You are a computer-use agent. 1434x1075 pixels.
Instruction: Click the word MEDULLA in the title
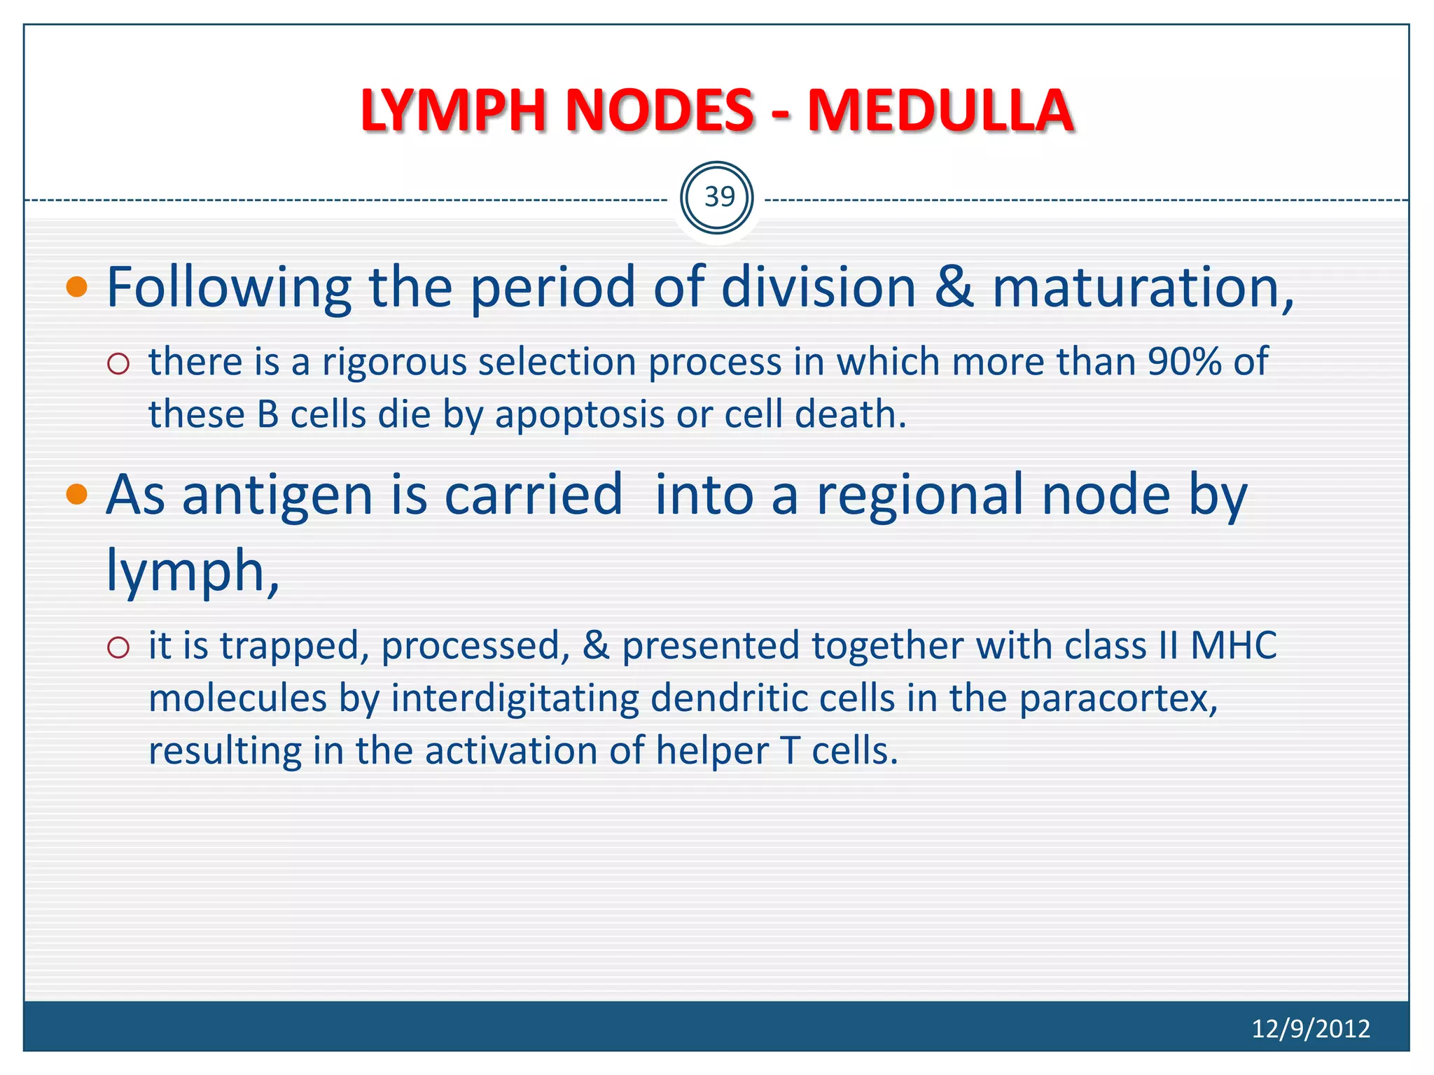click(x=940, y=111)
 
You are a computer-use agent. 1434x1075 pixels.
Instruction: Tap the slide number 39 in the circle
click(x=719, y=197)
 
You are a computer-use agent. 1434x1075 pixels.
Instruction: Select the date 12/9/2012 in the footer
click(x=1310, y=1028)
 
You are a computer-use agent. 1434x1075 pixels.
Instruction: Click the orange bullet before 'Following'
click(x=77, y=287)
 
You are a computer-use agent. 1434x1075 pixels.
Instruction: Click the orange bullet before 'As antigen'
click(x=77, y=495)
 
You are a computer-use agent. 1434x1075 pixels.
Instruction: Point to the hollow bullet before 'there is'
click(x=119, y=363)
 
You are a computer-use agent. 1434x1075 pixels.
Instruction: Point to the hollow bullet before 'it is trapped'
click(x=119, y=647)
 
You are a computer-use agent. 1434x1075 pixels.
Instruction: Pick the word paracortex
click(x=1118, y=699)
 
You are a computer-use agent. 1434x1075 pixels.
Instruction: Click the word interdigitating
click(x=515, y=699)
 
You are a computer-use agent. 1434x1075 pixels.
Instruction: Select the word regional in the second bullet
click(x=923, y=495)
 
